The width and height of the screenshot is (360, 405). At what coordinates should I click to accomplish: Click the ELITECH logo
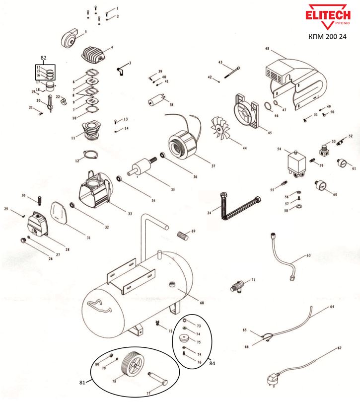[x=326, y=16]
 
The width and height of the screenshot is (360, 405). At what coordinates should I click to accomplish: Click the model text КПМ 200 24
[x=326, y=36]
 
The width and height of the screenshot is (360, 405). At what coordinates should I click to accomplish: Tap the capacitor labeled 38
[x=156, y=101]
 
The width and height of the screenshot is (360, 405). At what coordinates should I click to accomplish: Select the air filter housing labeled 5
[x=71, y=38]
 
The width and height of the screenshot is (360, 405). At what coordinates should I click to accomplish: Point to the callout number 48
[x=267, y=49]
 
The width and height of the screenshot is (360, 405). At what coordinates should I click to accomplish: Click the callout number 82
[x=43, y=58]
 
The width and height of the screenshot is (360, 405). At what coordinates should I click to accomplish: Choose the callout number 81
[x=82, y=383]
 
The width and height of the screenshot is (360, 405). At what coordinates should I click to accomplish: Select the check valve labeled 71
[x=238, y=286]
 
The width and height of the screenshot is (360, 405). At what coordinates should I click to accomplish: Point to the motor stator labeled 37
[x=183, y=143]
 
